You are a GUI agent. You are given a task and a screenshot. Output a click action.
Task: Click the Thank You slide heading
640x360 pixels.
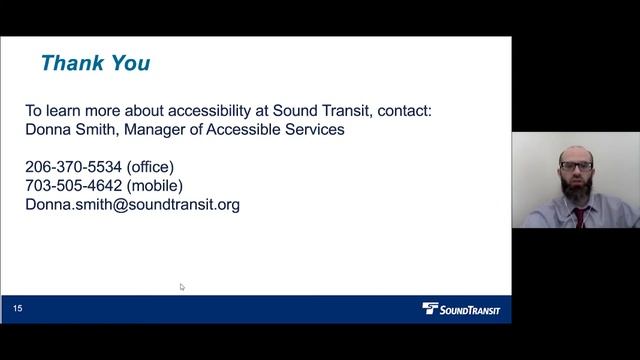(95, 64)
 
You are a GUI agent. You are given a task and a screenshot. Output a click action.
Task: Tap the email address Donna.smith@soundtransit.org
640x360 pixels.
(132, 205)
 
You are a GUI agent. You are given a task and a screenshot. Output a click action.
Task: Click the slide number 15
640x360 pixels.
(18, 310)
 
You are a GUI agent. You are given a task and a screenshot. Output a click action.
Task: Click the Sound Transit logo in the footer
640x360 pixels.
(461, 310)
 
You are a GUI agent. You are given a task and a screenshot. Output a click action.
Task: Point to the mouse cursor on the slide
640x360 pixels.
(182, 287)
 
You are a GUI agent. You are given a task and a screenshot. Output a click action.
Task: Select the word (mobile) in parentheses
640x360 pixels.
(155, 186)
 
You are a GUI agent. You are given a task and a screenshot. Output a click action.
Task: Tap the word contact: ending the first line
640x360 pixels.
(402, 111)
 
